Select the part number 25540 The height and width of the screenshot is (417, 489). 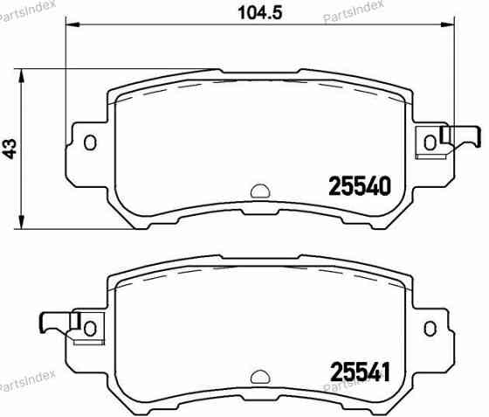(357, 186)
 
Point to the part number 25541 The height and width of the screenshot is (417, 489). (357, 371)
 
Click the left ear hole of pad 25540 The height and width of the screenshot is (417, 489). (90, 142)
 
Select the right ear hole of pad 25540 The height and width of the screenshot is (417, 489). (430, 142)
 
